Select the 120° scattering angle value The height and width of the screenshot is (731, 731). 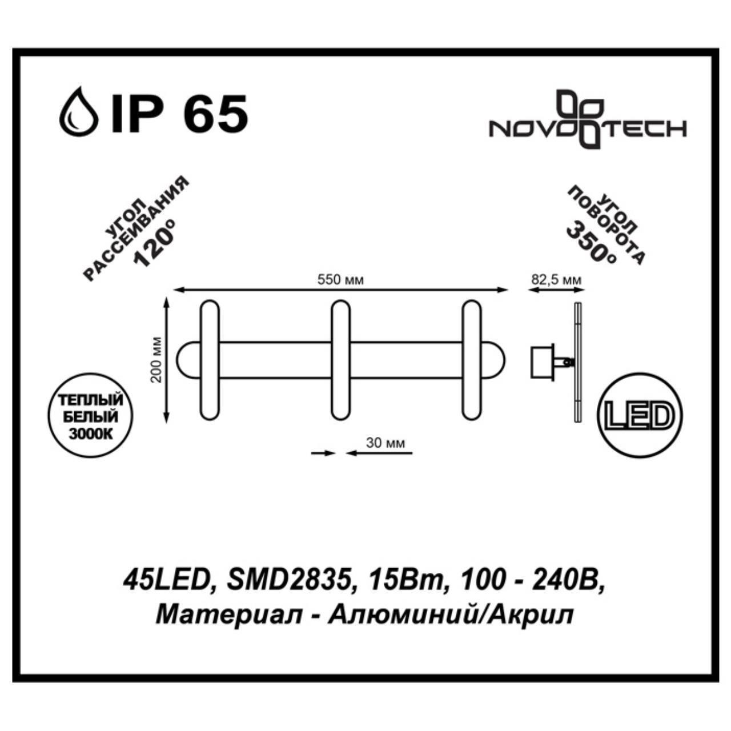click(152, 245)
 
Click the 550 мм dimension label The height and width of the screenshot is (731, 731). click(340, 280)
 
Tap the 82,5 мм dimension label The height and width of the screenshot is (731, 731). click(556, 280)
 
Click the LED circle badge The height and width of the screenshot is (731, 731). click(638, 416)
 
